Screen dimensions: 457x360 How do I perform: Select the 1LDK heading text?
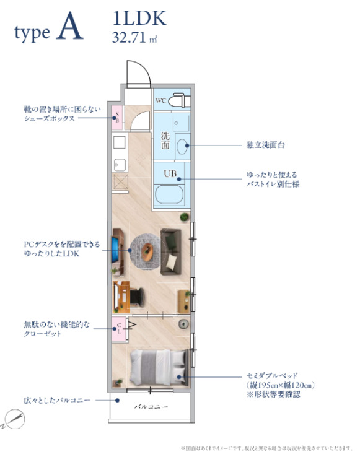click(x=139, y=19)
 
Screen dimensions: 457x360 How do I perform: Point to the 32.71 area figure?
click(x=130, y=37)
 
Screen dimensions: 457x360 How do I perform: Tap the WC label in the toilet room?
click(x=161, y=100)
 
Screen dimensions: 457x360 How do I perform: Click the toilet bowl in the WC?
click(x=180, y=100)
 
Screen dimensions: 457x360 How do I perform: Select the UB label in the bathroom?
click(x=170, y=173)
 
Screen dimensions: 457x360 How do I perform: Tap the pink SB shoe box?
click(x=116, y=116)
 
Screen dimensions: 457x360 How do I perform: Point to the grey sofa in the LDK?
click(x=170, y=251)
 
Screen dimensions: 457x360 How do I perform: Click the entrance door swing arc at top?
click(x=138, y=74)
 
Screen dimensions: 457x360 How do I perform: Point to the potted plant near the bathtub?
click(x=184, y=217)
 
